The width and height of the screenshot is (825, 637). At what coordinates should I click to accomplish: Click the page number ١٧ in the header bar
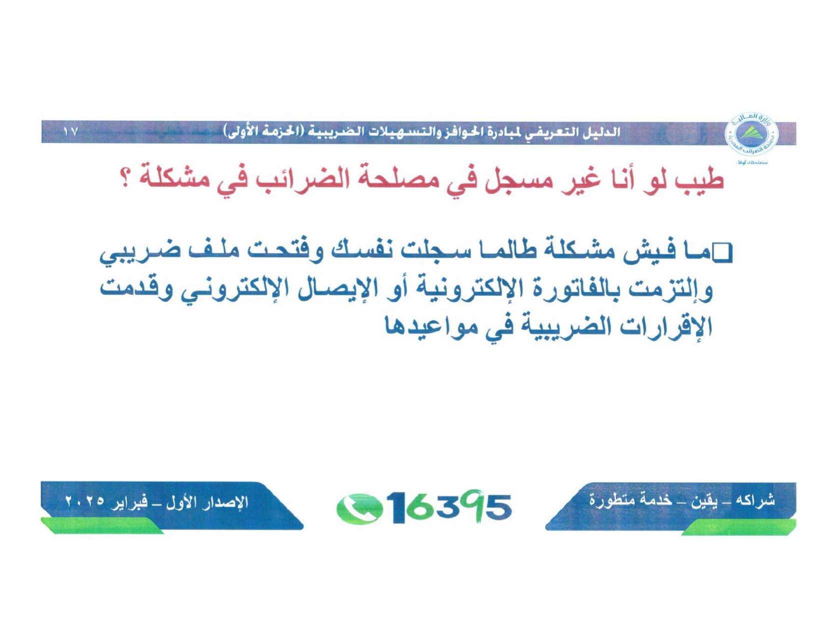point(71,132)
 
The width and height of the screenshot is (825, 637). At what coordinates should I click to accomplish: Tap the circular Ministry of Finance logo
point(751,134)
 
